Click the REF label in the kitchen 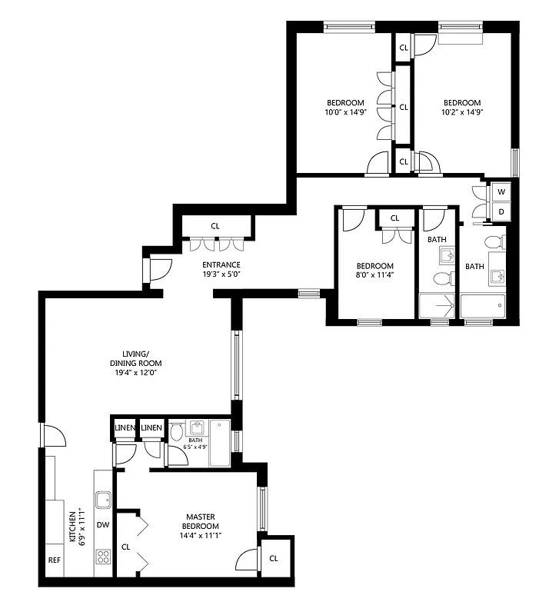pyautogui.click(x=54, y=560)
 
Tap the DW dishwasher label pyautogui.click(x=103, y=525)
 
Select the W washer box pyautogui.click(x=501, y=191)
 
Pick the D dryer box pyautogui.click(x=501, y=211)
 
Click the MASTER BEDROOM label pyautogui.click(x=202, y=521)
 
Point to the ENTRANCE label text pyautogui.click(x=221, y=265)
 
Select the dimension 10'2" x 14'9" pyautogui.click(x=461, y=112)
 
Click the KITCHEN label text pyautogui.click(x=74, y=527)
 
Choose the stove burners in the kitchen pyautogui.click(x=103, y=556)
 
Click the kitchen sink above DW pyautogui.click(x=103, y=500)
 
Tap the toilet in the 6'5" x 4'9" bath pyautogui.click(x=177, y=432)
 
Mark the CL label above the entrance pyautogui.click(x=215, y=226)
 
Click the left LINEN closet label pyautogui.click(x=125, y=427)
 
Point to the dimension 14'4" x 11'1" pyautogui.click(x=202, y=536)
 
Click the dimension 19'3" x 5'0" pyautogui.click(x=221, y=274)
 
